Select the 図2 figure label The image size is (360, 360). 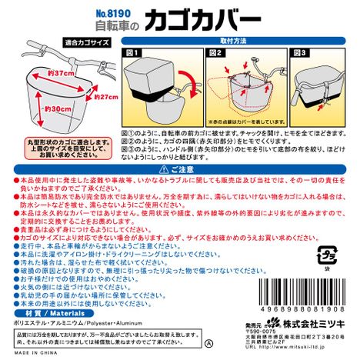215,54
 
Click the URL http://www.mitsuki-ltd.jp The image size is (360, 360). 293,353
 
